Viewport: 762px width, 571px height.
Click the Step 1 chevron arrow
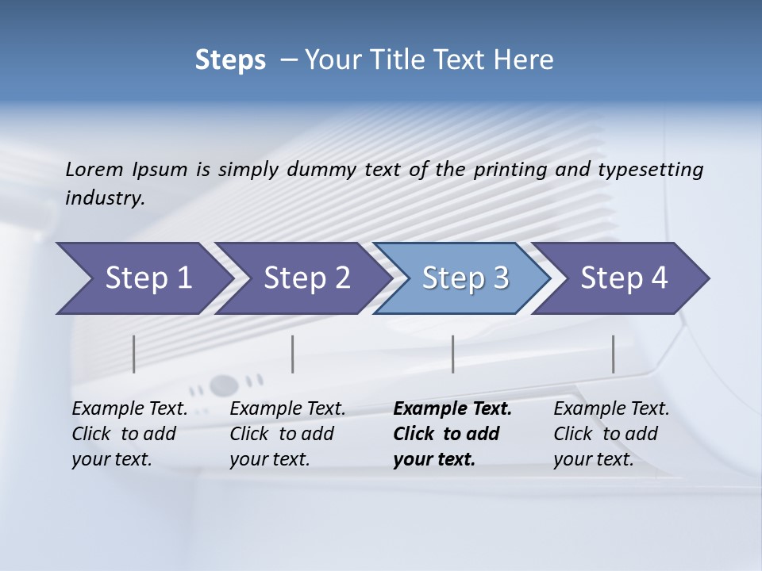point(143,278)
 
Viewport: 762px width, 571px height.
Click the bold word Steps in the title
point(230,60)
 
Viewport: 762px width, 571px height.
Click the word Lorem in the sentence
point(94,169)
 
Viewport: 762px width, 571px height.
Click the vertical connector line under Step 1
point(134,354)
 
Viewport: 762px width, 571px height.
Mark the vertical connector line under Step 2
point(293,354)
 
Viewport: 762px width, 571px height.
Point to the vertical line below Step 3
point(452,354)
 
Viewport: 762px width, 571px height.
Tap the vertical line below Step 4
point(613,354)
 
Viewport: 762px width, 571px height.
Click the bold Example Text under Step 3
point(452,409)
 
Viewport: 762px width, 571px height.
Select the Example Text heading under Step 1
point(129,409)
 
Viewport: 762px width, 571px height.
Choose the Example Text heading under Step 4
point(611,409)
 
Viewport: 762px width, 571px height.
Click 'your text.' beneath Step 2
point(270,459)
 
